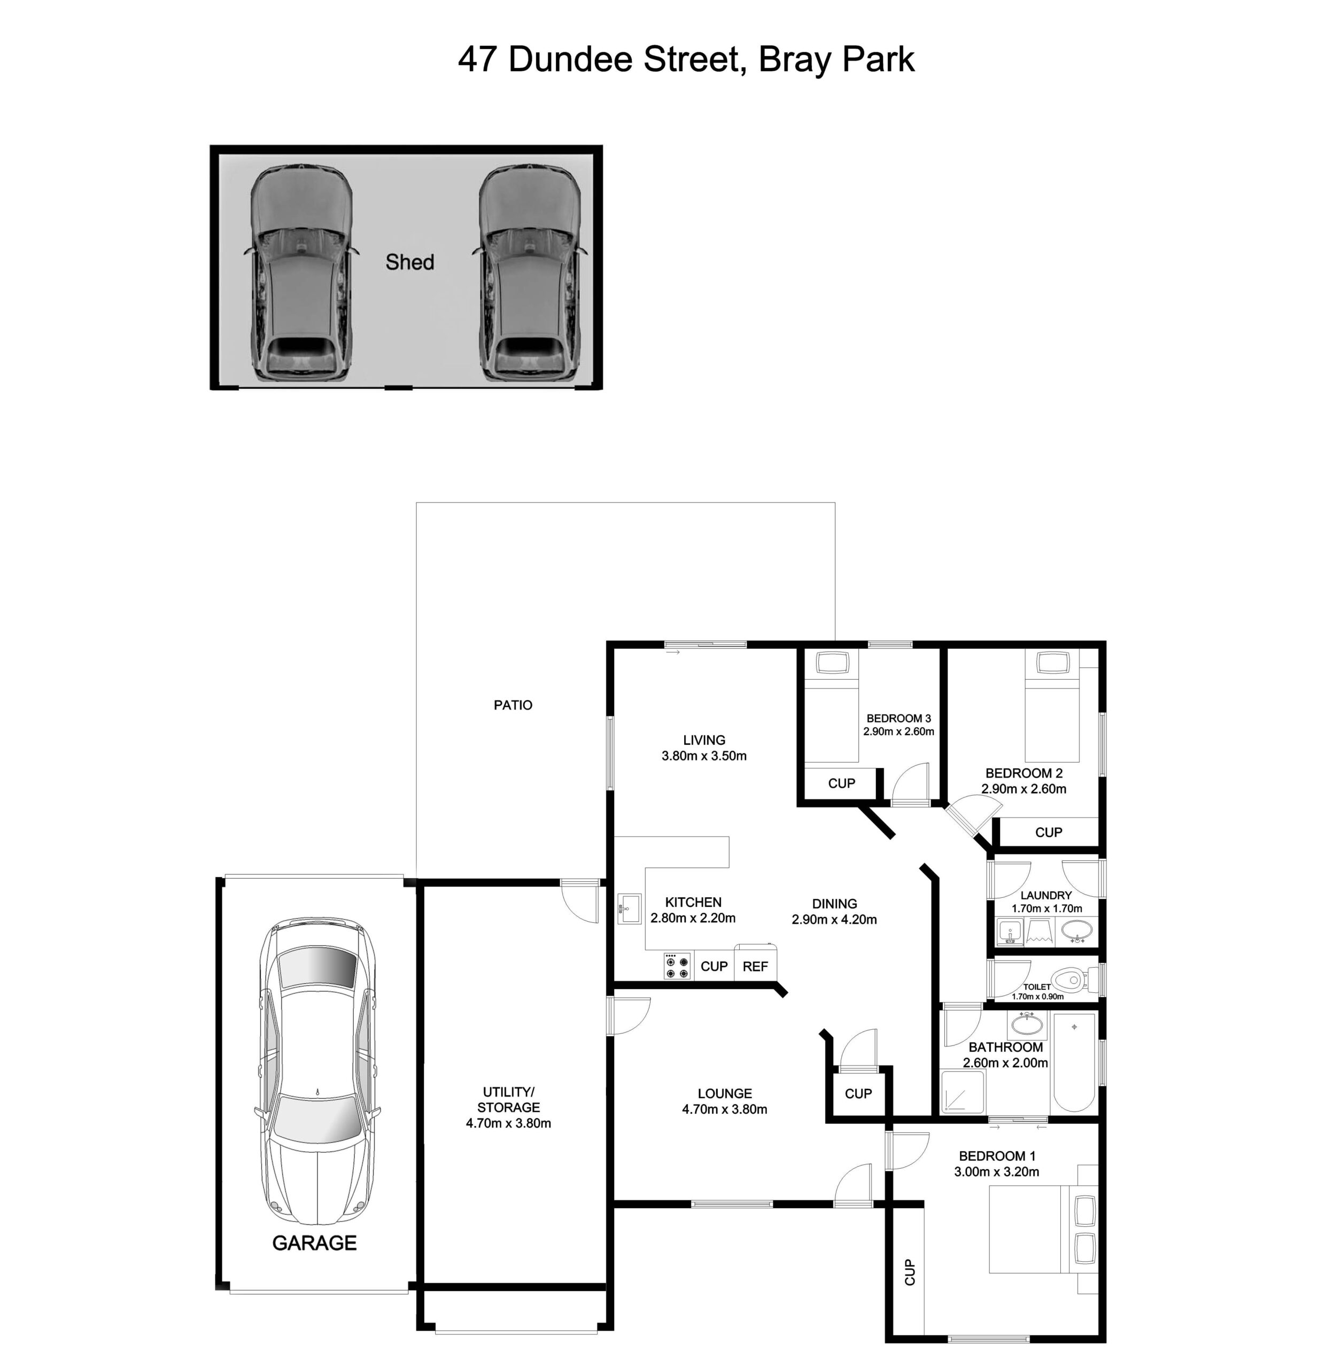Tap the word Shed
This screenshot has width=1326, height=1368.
coord(409,262)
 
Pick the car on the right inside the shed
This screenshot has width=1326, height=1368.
coord(530,274)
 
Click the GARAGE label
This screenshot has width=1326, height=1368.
coord(314,1243)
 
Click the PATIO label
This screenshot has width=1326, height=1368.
coord(513,705)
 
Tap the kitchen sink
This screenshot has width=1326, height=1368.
coord(630,909)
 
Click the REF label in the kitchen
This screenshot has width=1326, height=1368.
coord(755,967)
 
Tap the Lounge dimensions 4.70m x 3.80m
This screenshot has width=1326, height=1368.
coord(724,1109)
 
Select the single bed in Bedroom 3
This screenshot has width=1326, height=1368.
coord(831,706)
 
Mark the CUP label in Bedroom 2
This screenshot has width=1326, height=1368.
coord(1048,832)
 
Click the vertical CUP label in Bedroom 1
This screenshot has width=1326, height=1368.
coord(909,1272)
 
